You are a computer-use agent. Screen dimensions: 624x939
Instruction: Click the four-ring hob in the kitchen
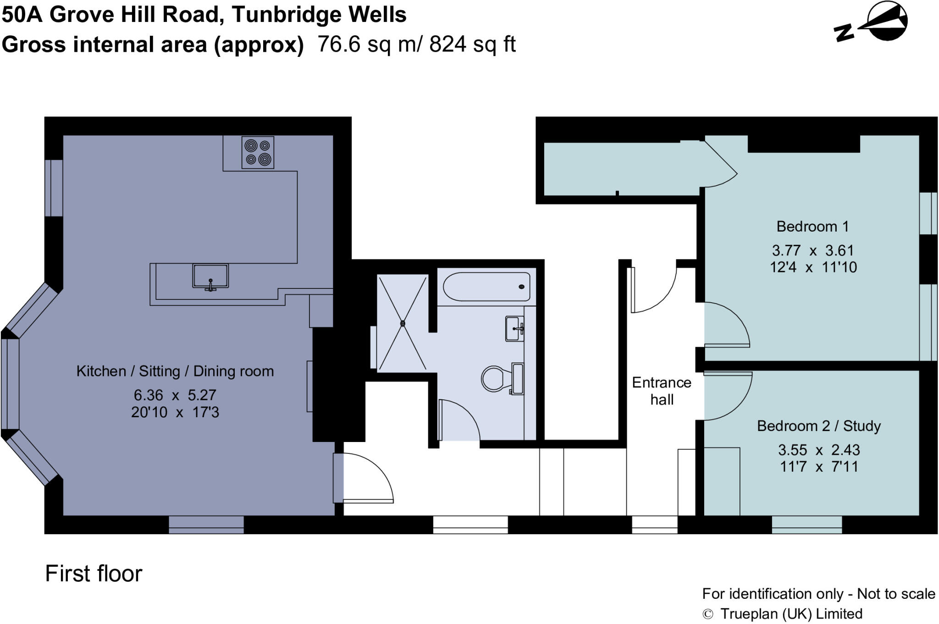[x=258, y=152]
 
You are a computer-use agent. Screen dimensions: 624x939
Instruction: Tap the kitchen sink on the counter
[x=210, y=276]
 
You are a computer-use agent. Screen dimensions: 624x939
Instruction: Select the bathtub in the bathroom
[x=486, y=287]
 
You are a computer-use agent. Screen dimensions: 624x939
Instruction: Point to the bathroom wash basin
[x=514, y=328]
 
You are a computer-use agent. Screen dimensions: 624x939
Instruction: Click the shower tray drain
[x=403, y=323]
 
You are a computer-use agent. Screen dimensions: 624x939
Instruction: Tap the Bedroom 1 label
[x=812, y=226]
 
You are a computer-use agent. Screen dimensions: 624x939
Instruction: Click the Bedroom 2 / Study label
[x=818, y=426]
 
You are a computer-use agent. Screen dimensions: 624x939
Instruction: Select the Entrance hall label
[x=662, y=391]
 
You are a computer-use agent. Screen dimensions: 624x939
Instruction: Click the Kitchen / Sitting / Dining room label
[x=175, y=371]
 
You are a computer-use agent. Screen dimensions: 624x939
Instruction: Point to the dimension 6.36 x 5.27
[x=175, y=395]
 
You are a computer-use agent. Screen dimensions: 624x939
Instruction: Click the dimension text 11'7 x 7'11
[x=818, y=467]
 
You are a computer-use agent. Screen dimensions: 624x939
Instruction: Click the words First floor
[x=94, y=574]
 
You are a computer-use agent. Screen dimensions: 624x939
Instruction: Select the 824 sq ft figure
[x=472, y=44]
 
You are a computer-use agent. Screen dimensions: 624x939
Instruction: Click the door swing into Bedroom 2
[x=729, y=394]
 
